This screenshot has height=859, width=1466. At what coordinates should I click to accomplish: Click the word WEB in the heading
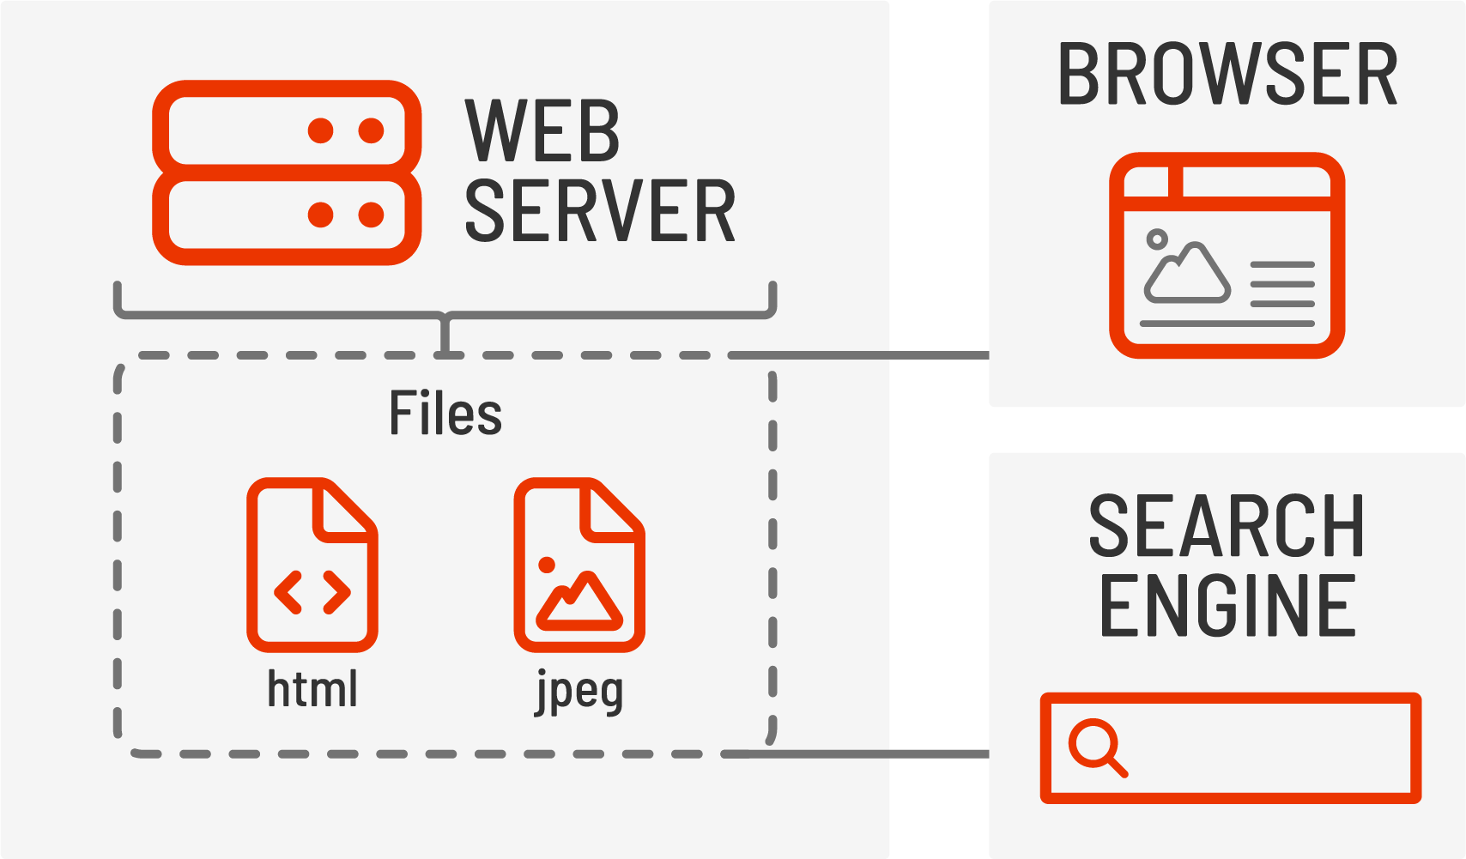[x=542, y=130]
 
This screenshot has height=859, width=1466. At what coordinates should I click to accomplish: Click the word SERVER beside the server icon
[x=600, y=211]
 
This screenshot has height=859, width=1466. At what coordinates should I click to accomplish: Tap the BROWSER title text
[x=1227, y=76]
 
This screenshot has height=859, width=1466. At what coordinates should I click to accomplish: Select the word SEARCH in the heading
[x=1227, y=526]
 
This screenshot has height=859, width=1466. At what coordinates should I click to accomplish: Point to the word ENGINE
[x=1227, y=606]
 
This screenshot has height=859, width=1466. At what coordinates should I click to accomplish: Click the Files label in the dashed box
[x=445, y=414]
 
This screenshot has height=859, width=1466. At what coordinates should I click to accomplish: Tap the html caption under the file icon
[x=312, y=689]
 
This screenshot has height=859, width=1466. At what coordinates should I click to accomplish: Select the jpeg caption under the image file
[x=579, y=692]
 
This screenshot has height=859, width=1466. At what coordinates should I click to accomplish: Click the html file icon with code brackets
[x=312, y=566]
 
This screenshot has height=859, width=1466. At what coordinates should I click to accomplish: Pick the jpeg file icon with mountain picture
[x=579, y=566]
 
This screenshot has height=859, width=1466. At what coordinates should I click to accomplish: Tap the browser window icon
[x=1227, y=255]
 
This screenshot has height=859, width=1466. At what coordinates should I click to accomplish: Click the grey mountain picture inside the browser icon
[x=1187, y=273]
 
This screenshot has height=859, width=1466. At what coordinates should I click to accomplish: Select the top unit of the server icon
[x=287, y=130]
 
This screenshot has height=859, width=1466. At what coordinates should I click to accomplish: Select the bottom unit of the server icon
[x=287, y=215]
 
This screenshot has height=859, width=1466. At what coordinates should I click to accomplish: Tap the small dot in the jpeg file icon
[x=546, y=565]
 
